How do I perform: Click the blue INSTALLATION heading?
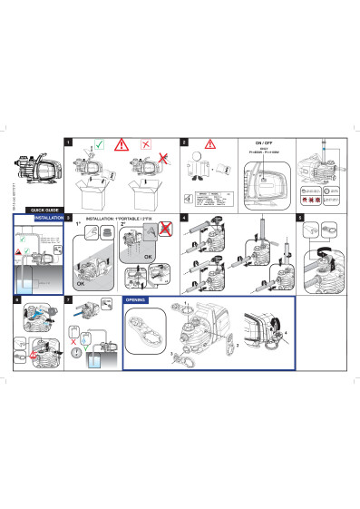(x=46, y=219)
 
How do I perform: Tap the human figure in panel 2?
(x=200, y=169)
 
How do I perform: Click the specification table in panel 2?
(x=210, y=201)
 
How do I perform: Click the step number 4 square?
(x=184, y=219)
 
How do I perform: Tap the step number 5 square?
(x=300, y=219)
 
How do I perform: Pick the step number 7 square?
(x=70, y=299)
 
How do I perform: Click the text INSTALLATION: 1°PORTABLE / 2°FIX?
(x=118, y=220)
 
